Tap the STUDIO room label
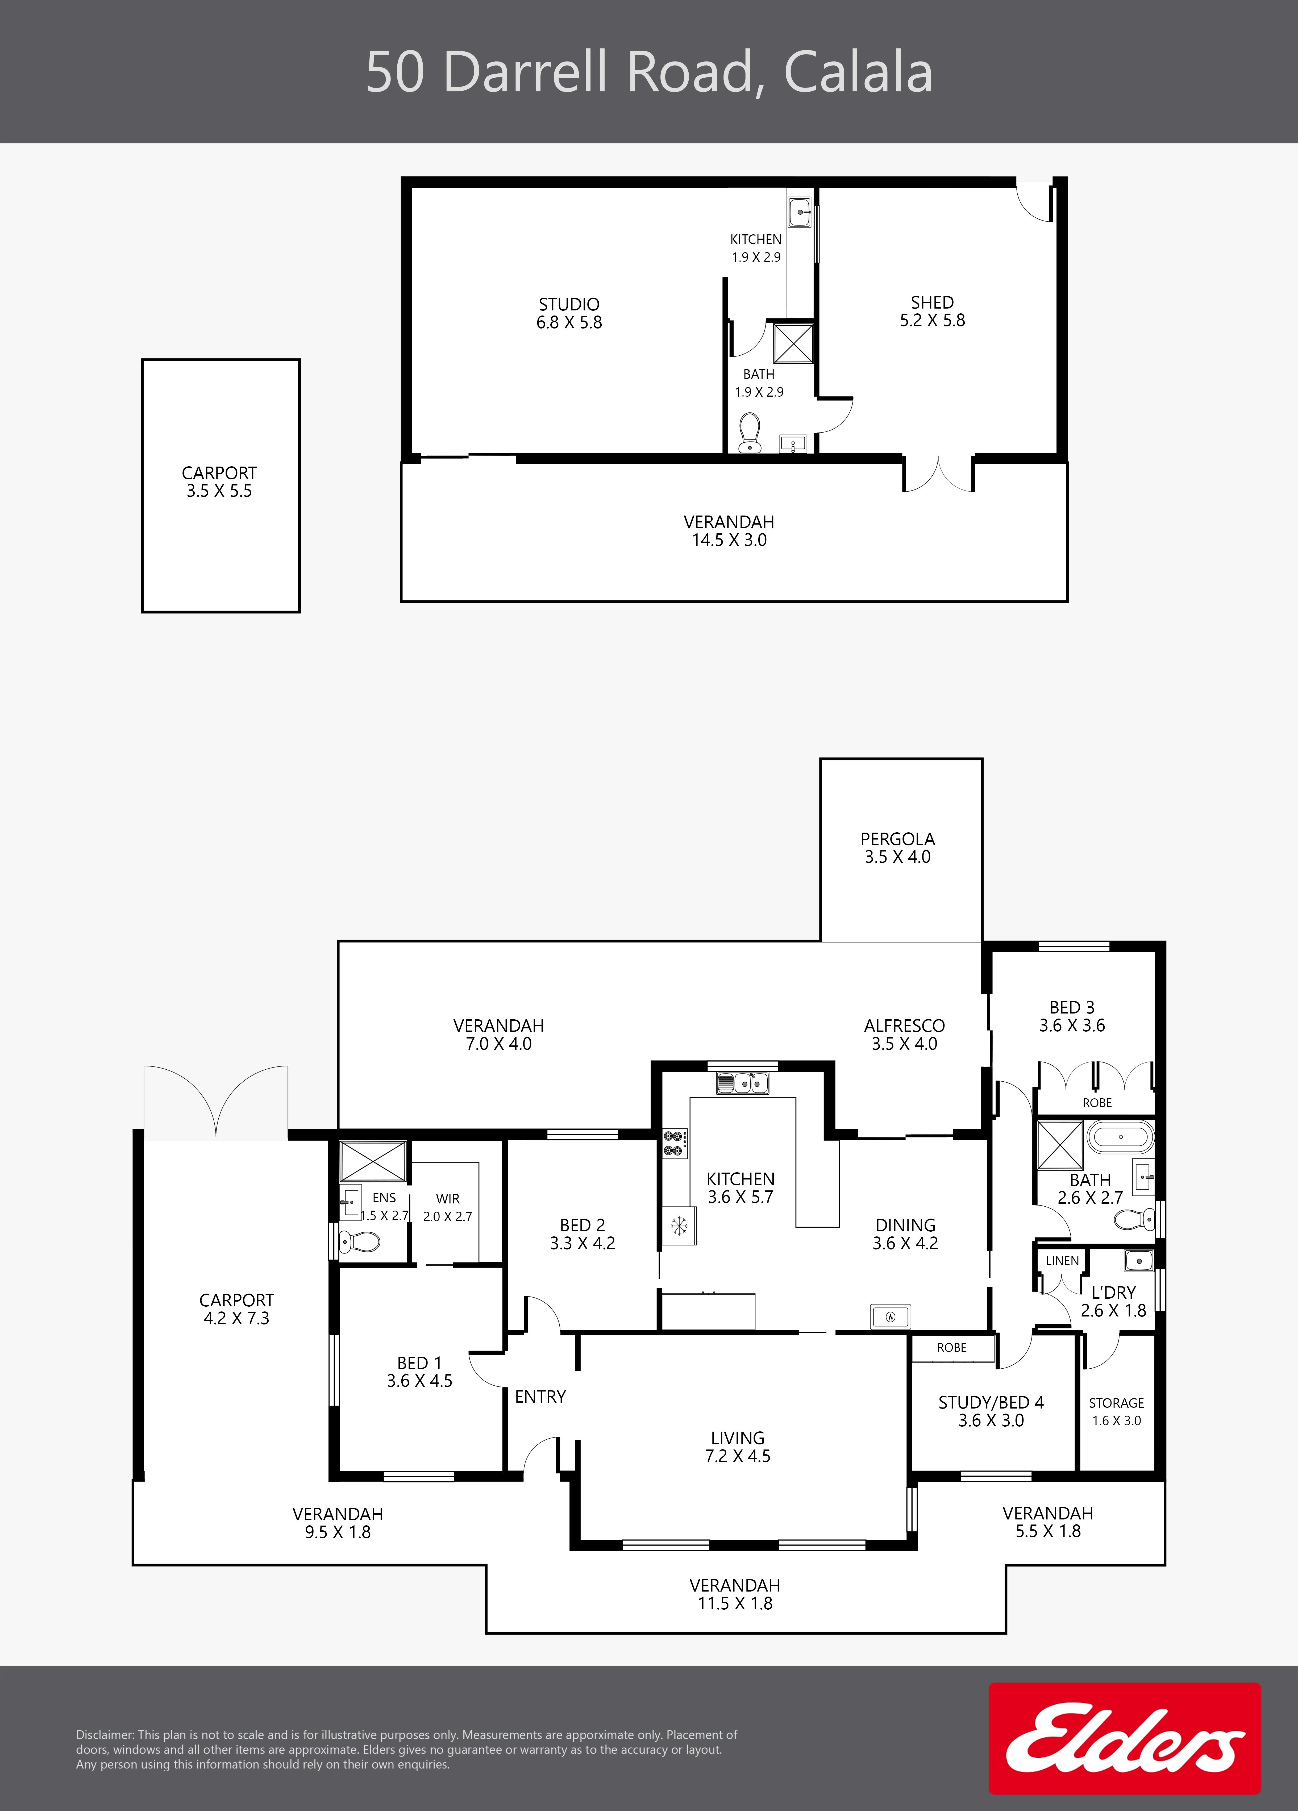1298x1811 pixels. pos(569,304)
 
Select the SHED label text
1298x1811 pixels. pos(932,303)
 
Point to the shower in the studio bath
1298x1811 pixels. pos(793,343)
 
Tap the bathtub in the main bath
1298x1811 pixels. pos(1121,1136)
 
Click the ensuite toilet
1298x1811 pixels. pos(359,1242)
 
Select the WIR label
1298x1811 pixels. pos(448,1199)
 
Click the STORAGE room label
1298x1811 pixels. pos(1116,1403)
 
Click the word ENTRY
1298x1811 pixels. pos(540,1397)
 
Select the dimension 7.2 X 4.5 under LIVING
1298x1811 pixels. pos(738,1456)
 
